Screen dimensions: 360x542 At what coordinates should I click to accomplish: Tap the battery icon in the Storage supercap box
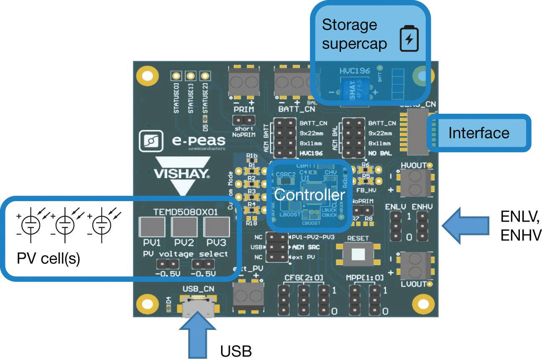click(x=409, y=39)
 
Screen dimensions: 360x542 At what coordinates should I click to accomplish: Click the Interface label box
click(x=478, y=133)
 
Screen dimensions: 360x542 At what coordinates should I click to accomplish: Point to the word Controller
click(x=309, y=195)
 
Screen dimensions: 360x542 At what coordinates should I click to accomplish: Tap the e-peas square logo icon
click(x=150, y=142)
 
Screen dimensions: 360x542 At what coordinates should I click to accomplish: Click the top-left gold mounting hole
click(x=147, y=76)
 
